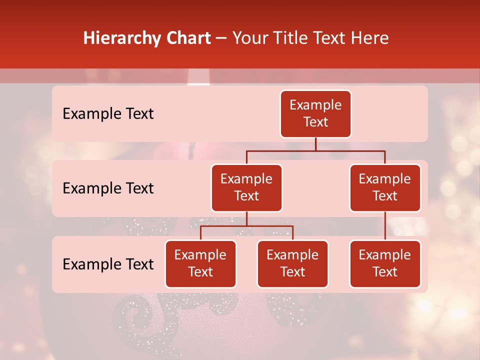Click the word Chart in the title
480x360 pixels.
pos(189,38)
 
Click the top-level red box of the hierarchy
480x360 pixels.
pos(315,113)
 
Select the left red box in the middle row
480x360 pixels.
pos(246,187)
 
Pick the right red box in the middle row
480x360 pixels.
pos(385,187)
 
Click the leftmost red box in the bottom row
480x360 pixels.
pos(200,263)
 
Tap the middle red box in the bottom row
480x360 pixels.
pos(292,263)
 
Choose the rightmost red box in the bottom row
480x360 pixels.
pos(385,263)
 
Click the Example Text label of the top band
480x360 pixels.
pos(108,114)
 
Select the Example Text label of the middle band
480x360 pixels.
pos(108,188)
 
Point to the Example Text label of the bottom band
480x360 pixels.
pos(108,264)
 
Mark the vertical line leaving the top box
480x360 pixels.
pos(315,144)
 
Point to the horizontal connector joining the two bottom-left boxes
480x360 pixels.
pos(246,226)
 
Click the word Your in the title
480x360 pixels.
pos(248,38)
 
